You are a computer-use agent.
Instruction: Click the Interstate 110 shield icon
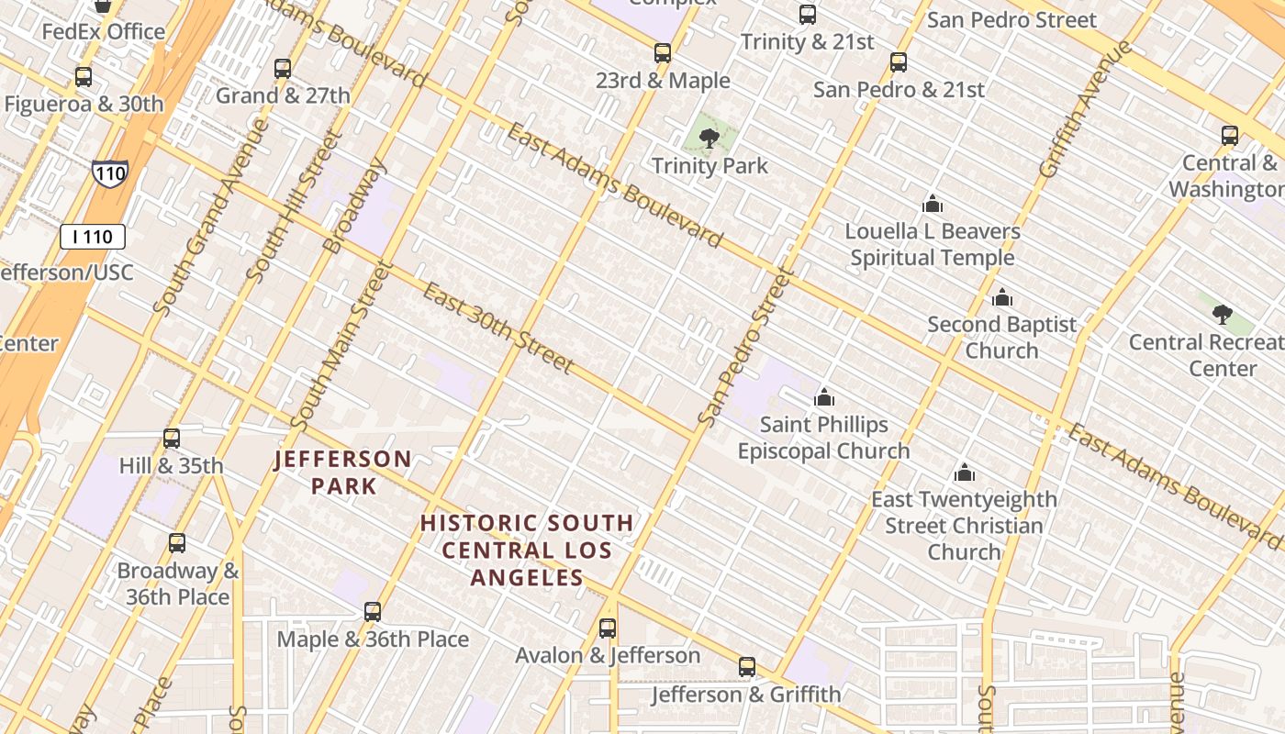pos(109,172)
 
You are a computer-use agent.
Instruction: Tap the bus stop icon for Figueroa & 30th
pos(84,77)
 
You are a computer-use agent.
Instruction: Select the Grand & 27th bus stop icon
pos(283,69)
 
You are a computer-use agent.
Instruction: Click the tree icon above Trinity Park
pos(709,139)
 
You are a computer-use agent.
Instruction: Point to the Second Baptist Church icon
pos(1002,297)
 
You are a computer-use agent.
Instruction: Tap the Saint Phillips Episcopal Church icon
pos(824,397)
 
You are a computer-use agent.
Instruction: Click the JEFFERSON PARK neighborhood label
pos(343,472)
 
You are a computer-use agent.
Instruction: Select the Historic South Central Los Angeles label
pos(527,550)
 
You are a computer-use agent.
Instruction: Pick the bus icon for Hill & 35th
pos(172,439)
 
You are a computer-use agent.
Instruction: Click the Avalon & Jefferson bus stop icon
pos(608,628)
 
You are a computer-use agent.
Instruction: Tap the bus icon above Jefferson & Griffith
pos(747,667)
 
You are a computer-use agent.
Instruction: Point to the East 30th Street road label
pos(498,328)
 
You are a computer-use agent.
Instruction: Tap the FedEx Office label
pos(104,32)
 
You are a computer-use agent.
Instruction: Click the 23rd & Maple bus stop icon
pos(663,53)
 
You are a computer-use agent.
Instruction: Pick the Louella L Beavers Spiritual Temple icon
pos(933,204)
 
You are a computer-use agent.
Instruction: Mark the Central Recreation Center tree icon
pos(1222,315)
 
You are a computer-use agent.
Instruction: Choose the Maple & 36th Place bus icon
pos(373,612)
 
